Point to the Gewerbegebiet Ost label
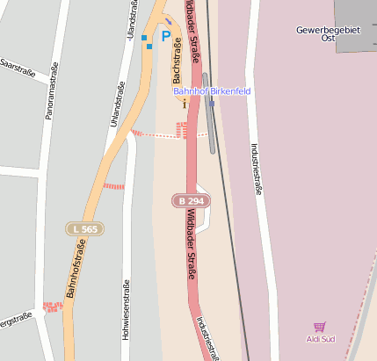coord(329,33)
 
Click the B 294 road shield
coord(191,201)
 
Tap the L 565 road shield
coord(85,229)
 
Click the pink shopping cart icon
coord(320,327)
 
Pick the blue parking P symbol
coord(164,36)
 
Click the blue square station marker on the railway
coord(212,104)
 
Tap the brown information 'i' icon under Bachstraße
coord(185,102)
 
